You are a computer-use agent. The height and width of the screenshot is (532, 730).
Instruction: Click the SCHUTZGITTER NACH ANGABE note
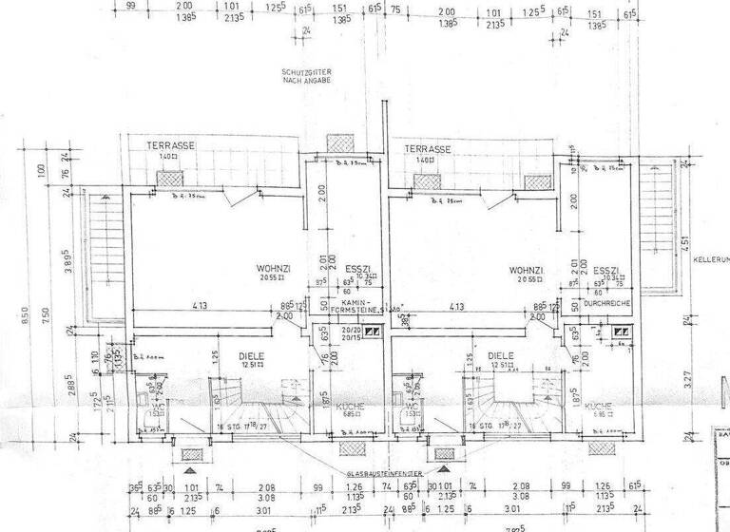(304, 77)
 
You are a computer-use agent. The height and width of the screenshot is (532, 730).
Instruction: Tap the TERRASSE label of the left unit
(170, 145)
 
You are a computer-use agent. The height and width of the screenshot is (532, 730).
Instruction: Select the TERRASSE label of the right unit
(427, 150)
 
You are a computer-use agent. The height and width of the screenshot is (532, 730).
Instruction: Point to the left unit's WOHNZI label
(272, 269)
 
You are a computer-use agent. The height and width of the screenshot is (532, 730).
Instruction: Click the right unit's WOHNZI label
(528, 269)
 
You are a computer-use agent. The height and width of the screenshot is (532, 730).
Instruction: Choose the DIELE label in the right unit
(500, 358)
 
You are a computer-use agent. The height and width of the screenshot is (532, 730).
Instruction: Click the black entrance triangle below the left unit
(190, 468)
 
